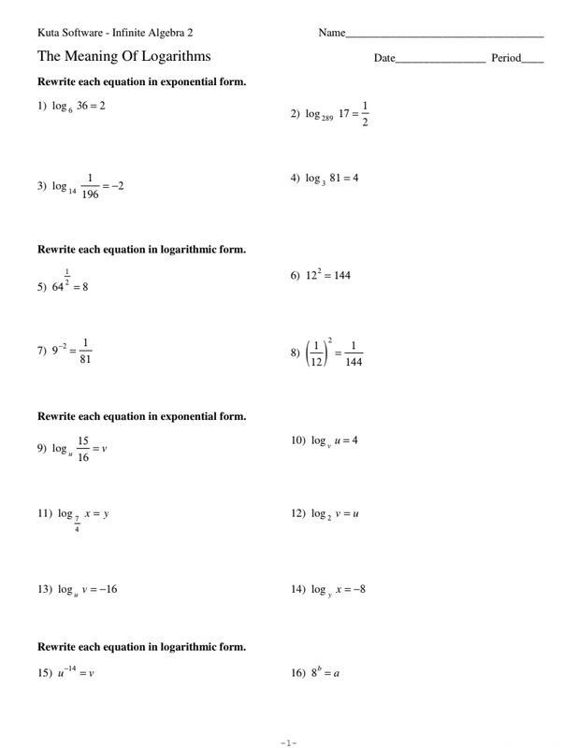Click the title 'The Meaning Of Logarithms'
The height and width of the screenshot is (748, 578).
124,56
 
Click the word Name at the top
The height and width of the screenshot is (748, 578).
332,34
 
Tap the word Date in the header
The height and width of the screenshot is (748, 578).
384,59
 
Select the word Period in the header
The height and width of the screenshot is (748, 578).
506,59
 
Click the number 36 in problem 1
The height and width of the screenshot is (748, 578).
84,106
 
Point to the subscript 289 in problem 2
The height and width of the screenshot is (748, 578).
324,119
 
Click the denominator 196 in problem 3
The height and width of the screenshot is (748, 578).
90,194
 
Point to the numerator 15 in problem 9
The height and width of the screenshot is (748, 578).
83,440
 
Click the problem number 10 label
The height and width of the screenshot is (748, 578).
298,440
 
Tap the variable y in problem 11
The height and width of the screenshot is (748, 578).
107,514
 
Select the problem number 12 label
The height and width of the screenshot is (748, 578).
298,514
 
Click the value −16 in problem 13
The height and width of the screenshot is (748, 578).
106,589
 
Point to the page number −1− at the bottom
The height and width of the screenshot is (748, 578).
289,743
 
